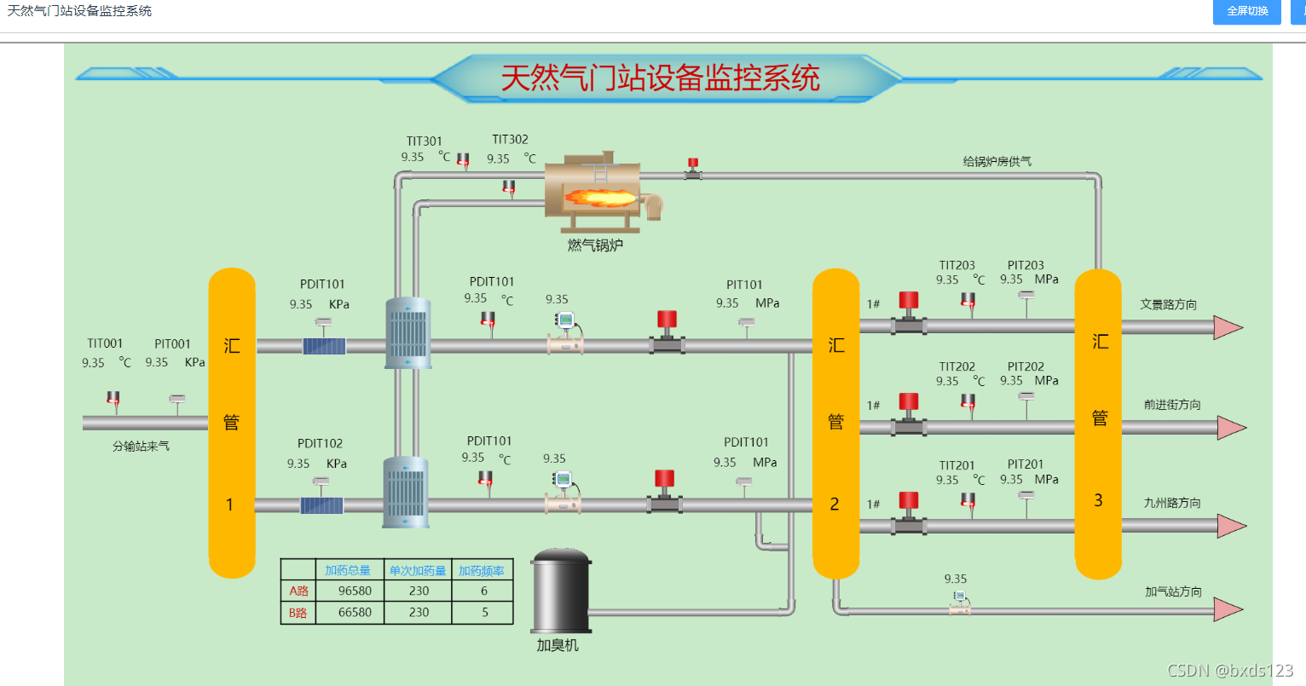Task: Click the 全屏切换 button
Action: tap(1246, 11)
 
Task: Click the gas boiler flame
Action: tap(600, 199)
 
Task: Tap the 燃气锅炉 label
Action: tap(595, 245)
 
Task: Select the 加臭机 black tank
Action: tap(561, 590)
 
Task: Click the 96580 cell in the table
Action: tap(355, 591)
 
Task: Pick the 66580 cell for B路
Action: tap(355, 613)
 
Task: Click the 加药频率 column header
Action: tap(482, 571)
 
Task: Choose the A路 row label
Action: tap(298, 591)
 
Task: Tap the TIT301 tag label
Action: tap(424, 141)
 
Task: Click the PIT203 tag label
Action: tap(1026, 265)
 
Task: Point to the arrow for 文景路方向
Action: tap(1228, 327)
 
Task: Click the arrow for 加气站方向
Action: tap(1228, 609)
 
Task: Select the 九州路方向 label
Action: tap(1172, 503)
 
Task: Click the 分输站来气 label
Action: tap(142, 447)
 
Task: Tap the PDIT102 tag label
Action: tap(320, 443)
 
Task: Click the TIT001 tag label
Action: tap(105, 343)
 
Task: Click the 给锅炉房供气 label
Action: tap(997, 161)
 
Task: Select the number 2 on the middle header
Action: tap(835, 504)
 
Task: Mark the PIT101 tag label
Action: tap(744, 285)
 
